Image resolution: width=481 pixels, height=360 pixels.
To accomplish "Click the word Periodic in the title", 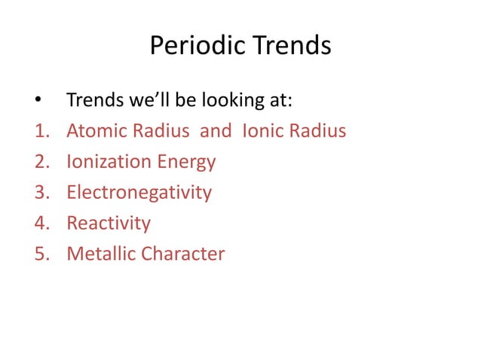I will (x=194, y=47).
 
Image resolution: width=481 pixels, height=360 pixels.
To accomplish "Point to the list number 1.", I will (x=40, y=132).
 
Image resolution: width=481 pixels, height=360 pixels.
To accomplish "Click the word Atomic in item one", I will (x=95, y=132).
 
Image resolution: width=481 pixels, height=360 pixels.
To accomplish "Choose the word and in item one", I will (x=216, y=132).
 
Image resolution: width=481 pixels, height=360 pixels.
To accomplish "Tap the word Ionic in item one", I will (x=263, y=132).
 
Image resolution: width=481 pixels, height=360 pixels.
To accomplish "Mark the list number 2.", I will (x=40, y=162).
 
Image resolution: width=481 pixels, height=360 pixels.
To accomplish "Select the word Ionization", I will (x=111, y=163).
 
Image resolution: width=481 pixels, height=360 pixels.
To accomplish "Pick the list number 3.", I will (x=40, y=193).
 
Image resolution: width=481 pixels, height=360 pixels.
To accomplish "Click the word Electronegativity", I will (x=139, y=194).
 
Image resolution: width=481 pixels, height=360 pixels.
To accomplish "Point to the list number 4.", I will (x=40, y=224).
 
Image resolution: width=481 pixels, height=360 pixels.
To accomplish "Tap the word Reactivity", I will (x=109, y=224).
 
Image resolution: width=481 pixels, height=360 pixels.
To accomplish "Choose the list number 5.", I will (x=40, y=254).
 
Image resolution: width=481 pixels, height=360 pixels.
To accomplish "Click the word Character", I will (x=181, y=254).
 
